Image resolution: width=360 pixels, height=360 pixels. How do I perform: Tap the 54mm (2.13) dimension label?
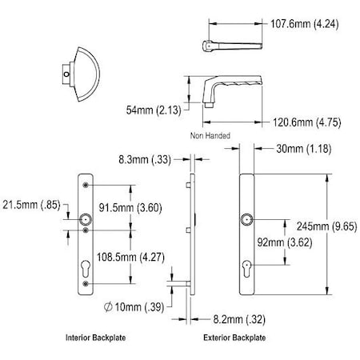150,108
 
